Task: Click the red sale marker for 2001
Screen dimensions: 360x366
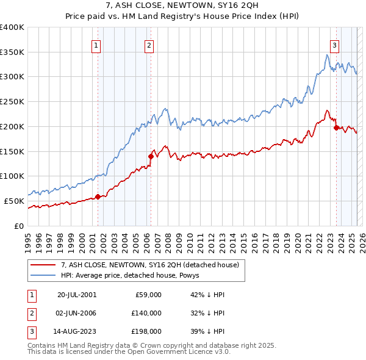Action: tap(98, 196)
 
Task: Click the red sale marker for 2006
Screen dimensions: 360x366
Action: tap(150, 156)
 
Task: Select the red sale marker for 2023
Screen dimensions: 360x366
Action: tap(336, 128)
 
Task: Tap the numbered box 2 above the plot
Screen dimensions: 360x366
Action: tap(149, 44)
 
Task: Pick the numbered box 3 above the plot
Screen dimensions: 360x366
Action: tap(335, 44)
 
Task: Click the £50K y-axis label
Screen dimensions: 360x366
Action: tap(14, 201)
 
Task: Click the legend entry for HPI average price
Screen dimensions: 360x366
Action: tap(134, 275)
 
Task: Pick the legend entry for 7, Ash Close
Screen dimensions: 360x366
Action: tap(152, 265)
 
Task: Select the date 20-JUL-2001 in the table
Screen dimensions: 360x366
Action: tap(77, 295)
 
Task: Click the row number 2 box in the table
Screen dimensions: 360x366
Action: tap(30, 313)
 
